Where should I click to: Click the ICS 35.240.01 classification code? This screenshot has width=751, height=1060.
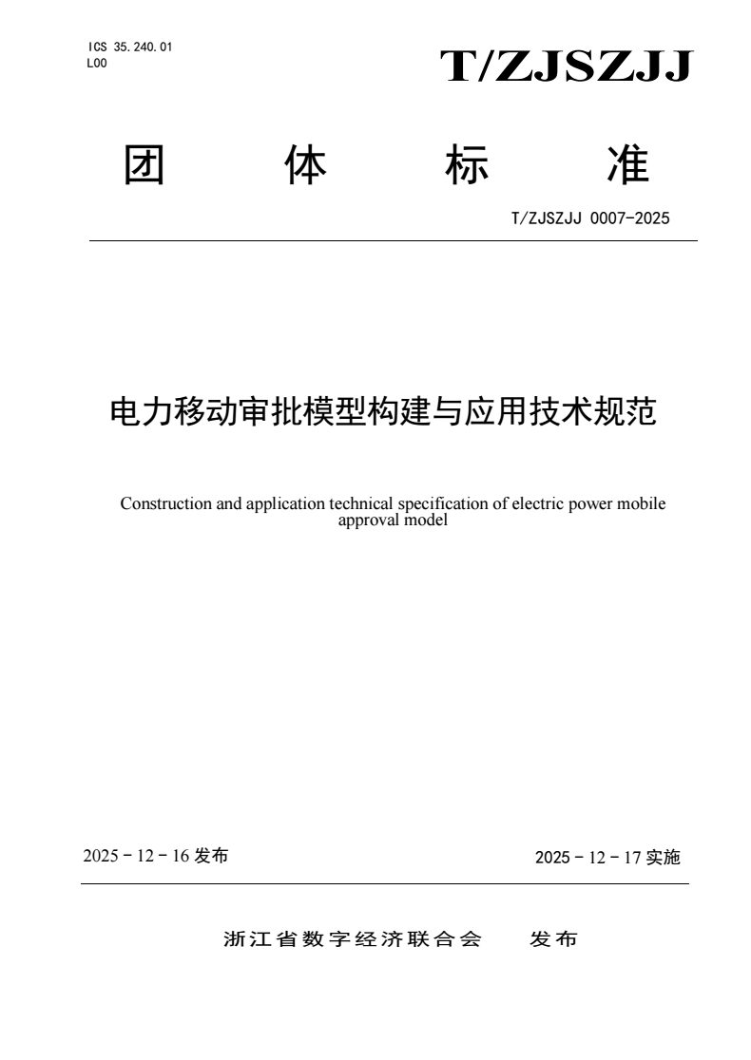129,47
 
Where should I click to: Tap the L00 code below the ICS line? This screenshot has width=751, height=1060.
97,63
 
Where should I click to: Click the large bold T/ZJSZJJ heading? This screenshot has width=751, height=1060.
567,67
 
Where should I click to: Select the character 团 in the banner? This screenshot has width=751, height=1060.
144,165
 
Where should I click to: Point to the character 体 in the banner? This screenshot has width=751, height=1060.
305,165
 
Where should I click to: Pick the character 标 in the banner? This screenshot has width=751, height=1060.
466,165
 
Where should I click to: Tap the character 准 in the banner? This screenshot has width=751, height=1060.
626,165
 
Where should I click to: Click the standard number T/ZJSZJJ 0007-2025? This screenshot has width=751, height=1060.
590,218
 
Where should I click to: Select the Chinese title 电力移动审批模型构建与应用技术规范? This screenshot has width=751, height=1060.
384,412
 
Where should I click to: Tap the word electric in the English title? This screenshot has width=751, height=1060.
539,503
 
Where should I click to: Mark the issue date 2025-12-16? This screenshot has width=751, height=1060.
136,856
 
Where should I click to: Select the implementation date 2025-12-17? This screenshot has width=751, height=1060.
588,858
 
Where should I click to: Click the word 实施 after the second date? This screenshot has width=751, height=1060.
663,858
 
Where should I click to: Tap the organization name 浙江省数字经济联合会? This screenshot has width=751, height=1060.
353,940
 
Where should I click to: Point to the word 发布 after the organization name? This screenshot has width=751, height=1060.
553,940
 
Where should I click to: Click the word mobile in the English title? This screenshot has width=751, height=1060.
642,503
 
